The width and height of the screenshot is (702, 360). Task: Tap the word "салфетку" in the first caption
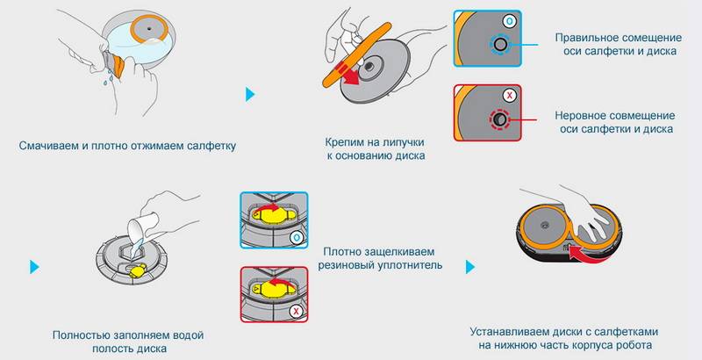point(209,144)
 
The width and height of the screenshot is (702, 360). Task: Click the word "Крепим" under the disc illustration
point(345,140)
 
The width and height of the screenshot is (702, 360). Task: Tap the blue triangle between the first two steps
point(252,93)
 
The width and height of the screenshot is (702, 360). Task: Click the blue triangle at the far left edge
point(35,265)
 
